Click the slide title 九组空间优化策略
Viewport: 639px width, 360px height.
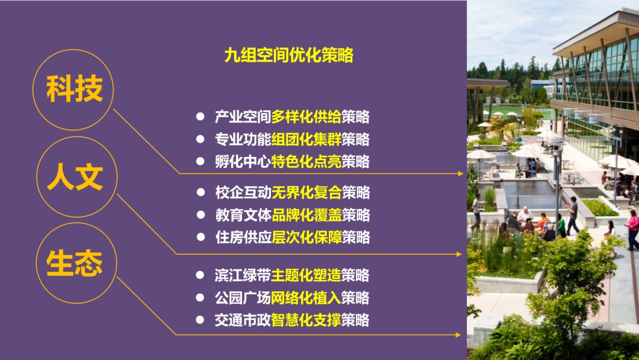(x=289, y=55)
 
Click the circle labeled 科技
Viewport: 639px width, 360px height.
(x=73, y=50)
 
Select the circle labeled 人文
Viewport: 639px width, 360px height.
(x=76, y=137)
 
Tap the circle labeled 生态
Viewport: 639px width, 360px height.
(x=76, y=223)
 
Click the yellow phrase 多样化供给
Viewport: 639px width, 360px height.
(x=306, y=117)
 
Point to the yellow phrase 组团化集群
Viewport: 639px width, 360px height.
(x=306, y=139)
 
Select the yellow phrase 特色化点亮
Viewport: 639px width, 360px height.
(x=306, y=162)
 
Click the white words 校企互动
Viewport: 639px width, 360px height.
(x=243, y=192)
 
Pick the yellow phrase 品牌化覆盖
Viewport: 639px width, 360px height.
(x=307, y=215)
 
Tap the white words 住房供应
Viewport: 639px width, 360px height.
(x=243, y=237)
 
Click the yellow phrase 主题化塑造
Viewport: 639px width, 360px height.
(x=306, y=275)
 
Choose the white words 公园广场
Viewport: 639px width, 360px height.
(x=243, y=298)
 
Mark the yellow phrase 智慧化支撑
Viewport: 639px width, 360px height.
(x=306, y=320)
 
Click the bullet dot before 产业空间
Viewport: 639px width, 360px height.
(x=200, y=117)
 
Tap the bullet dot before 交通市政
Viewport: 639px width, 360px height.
(x=200, y=320)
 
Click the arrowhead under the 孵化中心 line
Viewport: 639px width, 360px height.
(x=460, y=173)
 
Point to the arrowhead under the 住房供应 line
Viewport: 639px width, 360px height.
(x=459, y=255)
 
